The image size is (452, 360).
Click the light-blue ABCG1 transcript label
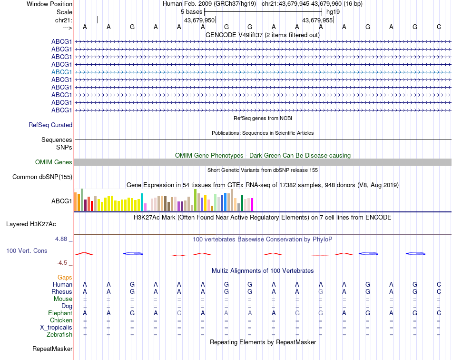pyautogui.click(x=62, y=72)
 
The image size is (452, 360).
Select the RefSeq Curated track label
pyautogui.click(x=50, y=125)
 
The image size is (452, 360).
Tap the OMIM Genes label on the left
pyautogui.click(x=54, y=162)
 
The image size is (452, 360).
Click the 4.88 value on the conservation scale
pyautogui.click(x=62, y=239)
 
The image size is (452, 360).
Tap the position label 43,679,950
pyautogui.click(x=200, y=20)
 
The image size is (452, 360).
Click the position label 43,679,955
pyautogui.click(x=318, y=20)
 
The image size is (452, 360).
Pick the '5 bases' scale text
pyautogui.click(x=192, y=11)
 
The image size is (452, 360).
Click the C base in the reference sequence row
pyautogui.click(x=439, y=27)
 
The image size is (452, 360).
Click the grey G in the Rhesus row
pyautogui.click(x=321, y=291)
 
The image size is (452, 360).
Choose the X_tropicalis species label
pyautogui.click(x=56, y=328)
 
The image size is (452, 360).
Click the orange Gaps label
pyautogui.click(x=65, y=277)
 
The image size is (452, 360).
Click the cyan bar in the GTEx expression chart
pyautogui.click(x=142, y=202)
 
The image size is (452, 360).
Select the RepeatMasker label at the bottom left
pyautogui.click(x=52, y=349)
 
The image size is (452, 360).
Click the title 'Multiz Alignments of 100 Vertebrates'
pyautogui.click(x=263, y=270)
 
